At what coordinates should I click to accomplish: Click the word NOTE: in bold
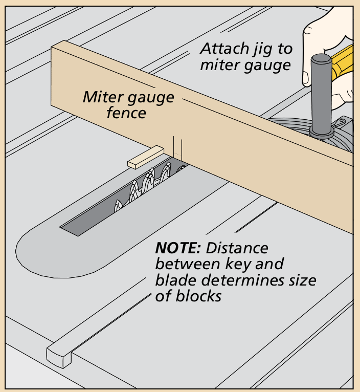pyautogui.click(x=178, y=249)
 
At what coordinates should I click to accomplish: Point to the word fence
pyautogui.click(x=126, y=112)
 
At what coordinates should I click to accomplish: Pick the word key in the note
pyautogui.click(x=228, y=265)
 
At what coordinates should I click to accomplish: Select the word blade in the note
pyautogui.click(x=173, y=280)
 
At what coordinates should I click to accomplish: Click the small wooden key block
pyautogui.click(x=145, y=157)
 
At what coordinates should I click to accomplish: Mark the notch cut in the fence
pyautogui.click(x=177, y=148)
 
